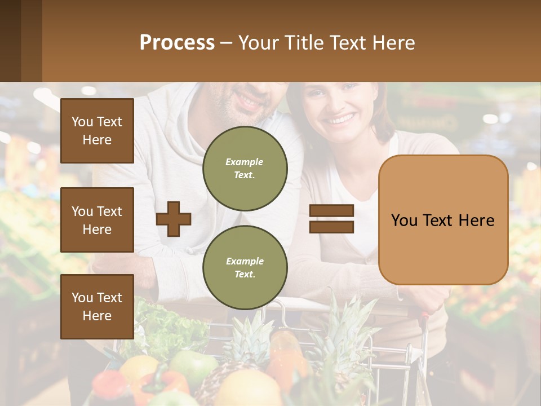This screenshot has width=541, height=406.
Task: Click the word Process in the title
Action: tap(177, 43)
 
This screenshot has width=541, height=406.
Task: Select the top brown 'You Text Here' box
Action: tap(97, 131)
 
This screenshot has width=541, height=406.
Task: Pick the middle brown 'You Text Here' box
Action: tap(97, 220)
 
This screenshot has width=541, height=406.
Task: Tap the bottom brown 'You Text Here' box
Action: tap(97, 306)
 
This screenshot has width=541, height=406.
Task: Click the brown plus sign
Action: tap(174, 219)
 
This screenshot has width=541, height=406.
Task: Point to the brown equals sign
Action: tap(332, 219)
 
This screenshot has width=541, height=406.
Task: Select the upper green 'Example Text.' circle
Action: tap(245, 168)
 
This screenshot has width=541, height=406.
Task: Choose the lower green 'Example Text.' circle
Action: tap(245, 267)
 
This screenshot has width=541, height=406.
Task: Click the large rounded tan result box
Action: tap(443, 220)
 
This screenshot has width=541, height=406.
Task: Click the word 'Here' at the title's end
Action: tap(394, 43)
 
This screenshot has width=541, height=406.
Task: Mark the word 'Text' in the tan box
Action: tap(442, 220)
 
